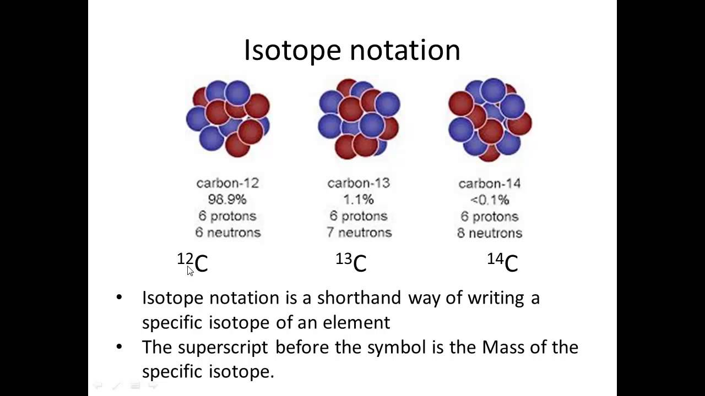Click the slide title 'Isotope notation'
(352, 50)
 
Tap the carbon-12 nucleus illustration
(228, 118)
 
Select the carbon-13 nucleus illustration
(359, 118)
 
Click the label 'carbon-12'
(227, 183)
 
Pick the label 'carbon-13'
(359, 183)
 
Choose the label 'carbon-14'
(490, 184)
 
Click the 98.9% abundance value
(227, 199)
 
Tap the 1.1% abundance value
(359, 199)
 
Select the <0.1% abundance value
(490, 200)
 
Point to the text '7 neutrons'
(359, 232)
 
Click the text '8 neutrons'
(490, 233)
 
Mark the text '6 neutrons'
(227, 232)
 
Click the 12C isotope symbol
(193, 262)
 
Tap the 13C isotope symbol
(351, 262)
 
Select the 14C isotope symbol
(503, 262)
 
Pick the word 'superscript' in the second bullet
(223, 347)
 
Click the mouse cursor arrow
(190, 270)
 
